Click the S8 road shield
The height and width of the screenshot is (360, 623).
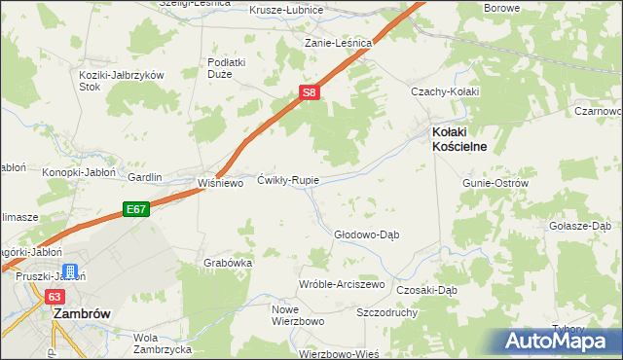point(308,92)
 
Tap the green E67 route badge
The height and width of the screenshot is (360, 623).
point(135,209)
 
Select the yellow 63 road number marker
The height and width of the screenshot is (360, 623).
point(54,296)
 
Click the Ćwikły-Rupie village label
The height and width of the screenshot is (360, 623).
point(288,180)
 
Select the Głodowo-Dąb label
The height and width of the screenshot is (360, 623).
point(367,234)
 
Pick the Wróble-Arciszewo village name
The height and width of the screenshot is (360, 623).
point(342,284)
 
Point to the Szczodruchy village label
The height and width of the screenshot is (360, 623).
point(387,313)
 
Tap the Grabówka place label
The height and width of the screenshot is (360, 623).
point(229,263)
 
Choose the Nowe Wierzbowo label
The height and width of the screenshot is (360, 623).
point(270,314)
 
